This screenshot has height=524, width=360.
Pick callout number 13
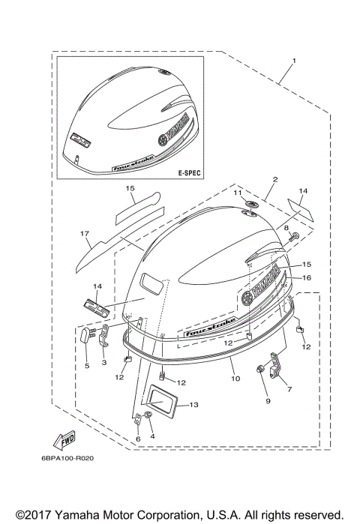point(193,405)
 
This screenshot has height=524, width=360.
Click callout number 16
point(306,277)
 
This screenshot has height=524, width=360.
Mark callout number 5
point(86,366)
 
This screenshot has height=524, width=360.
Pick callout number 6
point(137,439)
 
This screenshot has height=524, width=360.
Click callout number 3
point(104,362)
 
